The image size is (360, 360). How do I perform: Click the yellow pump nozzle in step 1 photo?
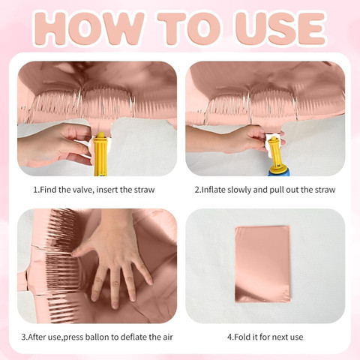[100, 154]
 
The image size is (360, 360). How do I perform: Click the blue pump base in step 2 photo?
[280, 172]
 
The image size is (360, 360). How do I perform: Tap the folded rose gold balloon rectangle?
[262, 264]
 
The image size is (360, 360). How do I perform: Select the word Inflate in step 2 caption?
[214, 190]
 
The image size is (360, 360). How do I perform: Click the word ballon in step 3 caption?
[97, 337]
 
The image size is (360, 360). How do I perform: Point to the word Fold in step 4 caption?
[241, 337]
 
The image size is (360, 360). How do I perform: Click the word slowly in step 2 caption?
[239, 190]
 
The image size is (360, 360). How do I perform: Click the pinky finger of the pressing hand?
[144, 271]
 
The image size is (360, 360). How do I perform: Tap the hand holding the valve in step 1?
[54, 145]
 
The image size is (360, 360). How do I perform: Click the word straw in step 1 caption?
[145, 190]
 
